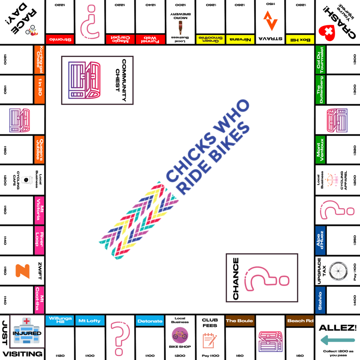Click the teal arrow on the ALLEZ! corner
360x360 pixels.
[x=337, y=340]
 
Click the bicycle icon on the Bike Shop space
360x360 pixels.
[x=180, y=335]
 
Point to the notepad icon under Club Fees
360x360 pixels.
[x=210, y=340]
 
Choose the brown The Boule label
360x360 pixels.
[x=239, y=321]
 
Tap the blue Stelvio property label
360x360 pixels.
[x=320, y=301]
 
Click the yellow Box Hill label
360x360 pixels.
[x=300, y=39]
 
